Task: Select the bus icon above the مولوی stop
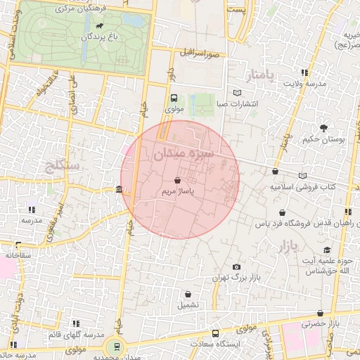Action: (174, 98)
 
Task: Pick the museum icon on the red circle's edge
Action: (119, 190)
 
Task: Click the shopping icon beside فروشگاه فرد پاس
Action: (282, 212)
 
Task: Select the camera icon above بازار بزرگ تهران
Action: (236, 267)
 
